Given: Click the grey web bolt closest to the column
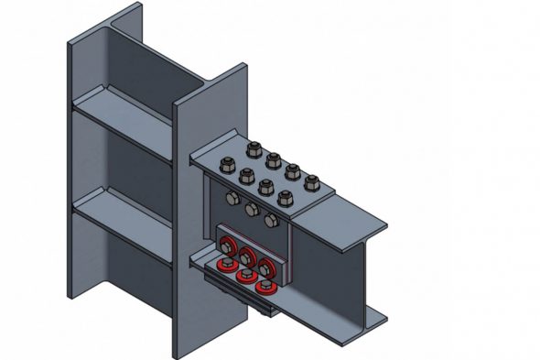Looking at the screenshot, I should pos(232,199).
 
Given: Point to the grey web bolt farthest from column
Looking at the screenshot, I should pos(271,220).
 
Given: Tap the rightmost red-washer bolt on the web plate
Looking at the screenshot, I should pos(266,267).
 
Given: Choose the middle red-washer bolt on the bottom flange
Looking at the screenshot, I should pos(245,275).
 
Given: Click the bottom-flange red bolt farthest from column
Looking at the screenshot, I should pos(265,286).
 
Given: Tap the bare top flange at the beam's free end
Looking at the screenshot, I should pos(357,224).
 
